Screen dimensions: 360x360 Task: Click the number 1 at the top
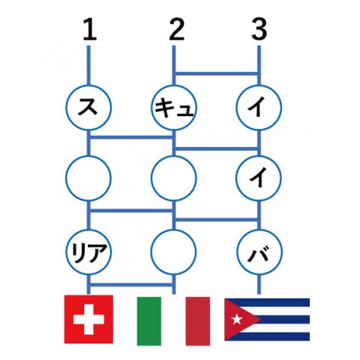coord(90,30)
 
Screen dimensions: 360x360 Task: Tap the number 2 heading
coord(176,30)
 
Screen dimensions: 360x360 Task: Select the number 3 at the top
coord(259,30)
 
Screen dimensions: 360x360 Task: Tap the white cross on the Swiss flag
coord(88,319)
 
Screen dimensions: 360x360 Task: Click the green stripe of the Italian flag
coord(149,321)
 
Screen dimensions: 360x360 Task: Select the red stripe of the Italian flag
coord(198,321)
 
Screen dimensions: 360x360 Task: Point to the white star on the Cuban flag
coord(237,319)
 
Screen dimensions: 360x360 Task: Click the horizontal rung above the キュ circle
coord(217,73)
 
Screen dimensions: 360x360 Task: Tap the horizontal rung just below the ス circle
coord(131,137)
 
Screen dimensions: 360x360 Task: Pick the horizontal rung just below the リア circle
coord(131,285)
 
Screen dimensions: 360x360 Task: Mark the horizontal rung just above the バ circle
coord(217,220)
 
